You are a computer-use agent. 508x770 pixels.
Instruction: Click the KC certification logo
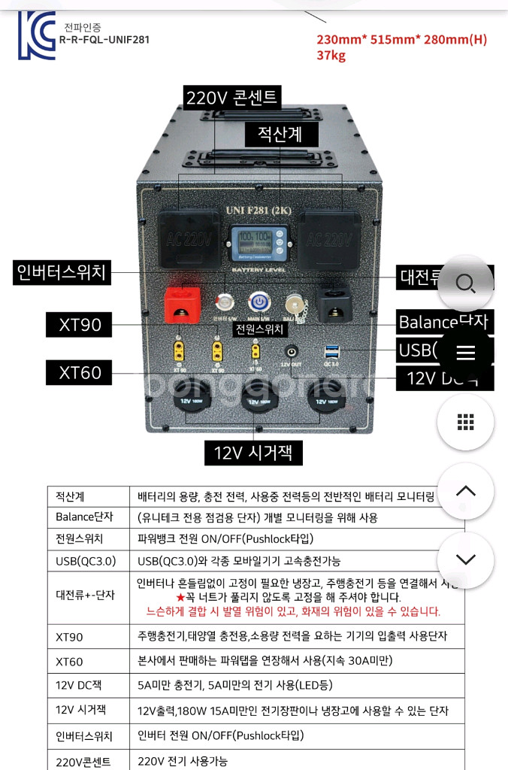[x=37, y=35]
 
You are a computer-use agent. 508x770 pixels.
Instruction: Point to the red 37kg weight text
[x=331, y=55]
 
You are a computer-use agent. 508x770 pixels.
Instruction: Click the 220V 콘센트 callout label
[x=232, y=98]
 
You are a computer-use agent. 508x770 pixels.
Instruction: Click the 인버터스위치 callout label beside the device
[x=62, y=273]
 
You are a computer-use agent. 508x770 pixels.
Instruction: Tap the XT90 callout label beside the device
[x=80, y=326]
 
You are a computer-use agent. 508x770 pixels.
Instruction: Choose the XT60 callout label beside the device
[x=80, y=372]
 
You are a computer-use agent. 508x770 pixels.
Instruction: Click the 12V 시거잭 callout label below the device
[x=253, y=452]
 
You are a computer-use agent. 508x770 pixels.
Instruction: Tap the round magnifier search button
[x=465, y=283]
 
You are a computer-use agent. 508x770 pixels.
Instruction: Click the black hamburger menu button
[x=465, y=353]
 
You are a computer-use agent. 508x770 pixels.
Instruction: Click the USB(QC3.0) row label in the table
[x=86, y=561]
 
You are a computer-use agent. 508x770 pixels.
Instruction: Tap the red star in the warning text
[x=180, y=597]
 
